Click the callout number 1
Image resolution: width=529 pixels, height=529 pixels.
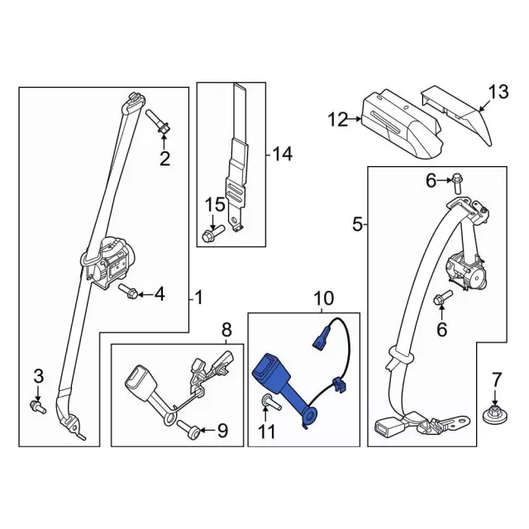point(198,296)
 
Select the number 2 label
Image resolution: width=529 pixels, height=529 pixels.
point(164,159)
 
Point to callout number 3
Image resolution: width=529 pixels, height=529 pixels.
point(37,378)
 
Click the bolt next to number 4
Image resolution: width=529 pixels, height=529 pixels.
point(128,291)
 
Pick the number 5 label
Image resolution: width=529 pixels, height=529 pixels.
point(357,223)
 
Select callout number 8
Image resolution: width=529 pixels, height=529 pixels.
point(226,331)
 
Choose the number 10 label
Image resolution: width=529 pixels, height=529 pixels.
point(322,297)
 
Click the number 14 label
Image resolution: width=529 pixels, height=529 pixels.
point(283,153)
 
